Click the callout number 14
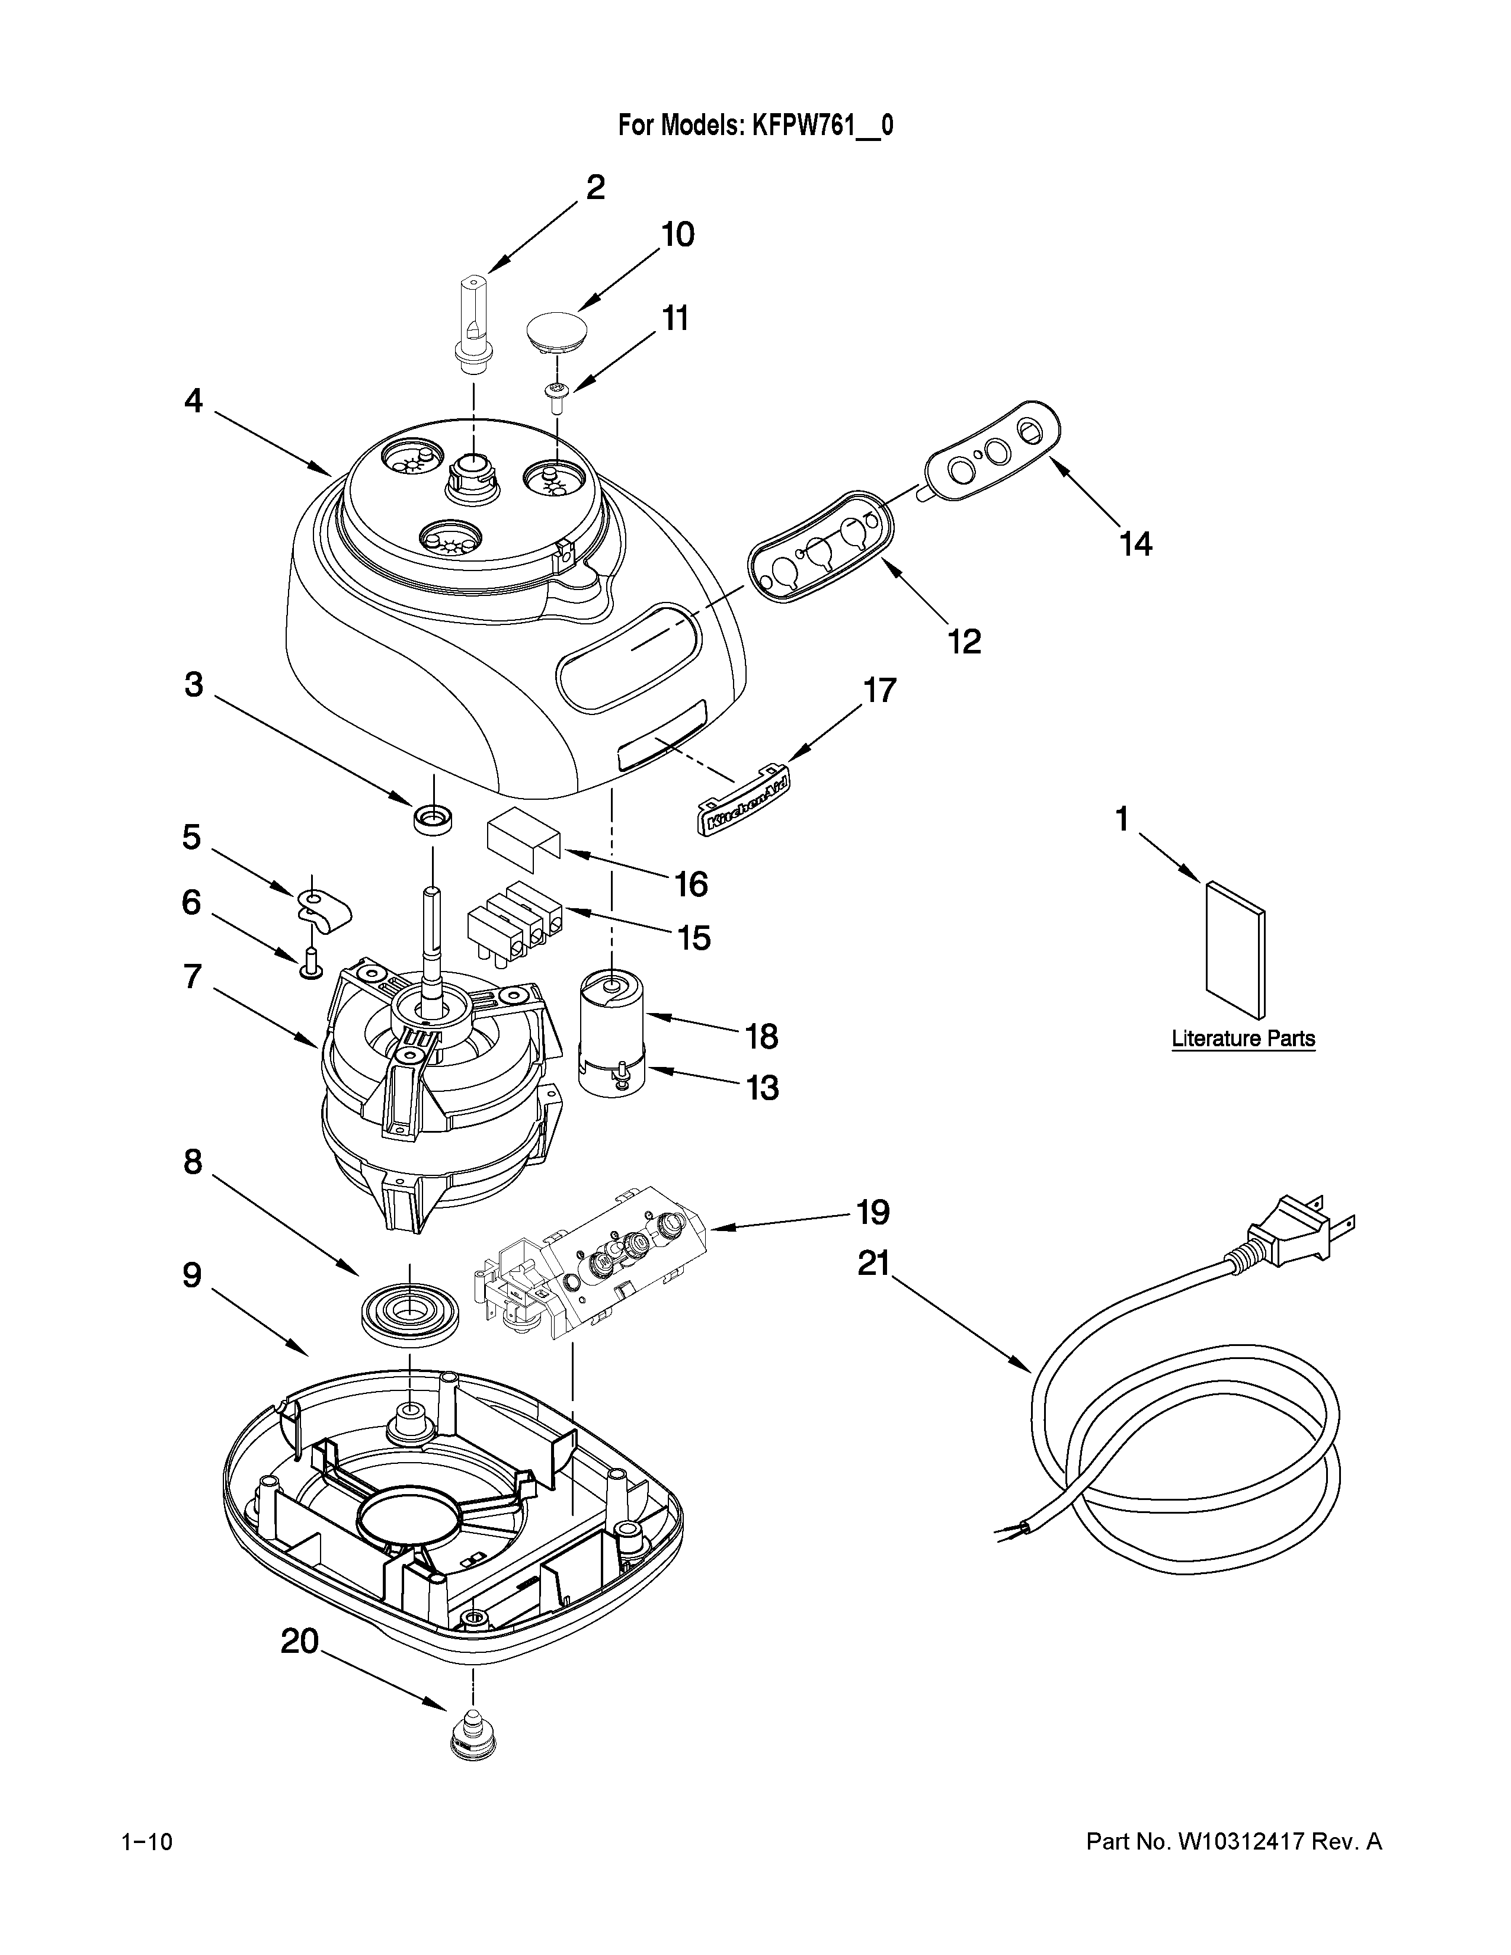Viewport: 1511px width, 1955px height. pos(1135,544)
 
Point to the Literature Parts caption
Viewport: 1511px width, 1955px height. pos(1243,1039)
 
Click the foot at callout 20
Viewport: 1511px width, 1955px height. pos(472,1741)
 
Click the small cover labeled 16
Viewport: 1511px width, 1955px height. pos(523,839)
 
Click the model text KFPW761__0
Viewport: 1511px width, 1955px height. pos(822,126)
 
